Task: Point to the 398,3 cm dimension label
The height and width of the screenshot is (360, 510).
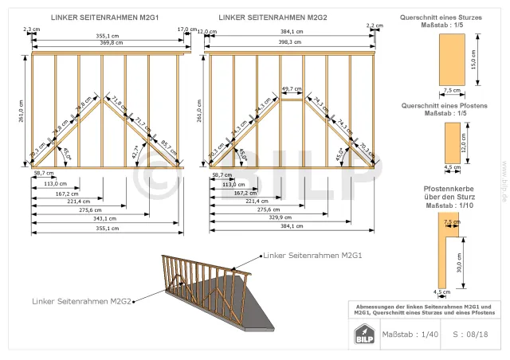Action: click(290, 42)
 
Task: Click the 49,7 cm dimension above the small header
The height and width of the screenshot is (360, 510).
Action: click(292, 89)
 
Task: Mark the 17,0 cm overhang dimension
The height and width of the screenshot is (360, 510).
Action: click(186, 29)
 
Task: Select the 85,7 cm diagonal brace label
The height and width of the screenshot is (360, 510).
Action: click(167, 147)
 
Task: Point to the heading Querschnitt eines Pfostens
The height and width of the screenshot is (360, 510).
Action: click(444, 105)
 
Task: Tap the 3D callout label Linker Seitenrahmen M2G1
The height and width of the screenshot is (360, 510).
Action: click(313, 256)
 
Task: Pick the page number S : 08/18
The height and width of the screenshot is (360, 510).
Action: click(470, 335)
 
